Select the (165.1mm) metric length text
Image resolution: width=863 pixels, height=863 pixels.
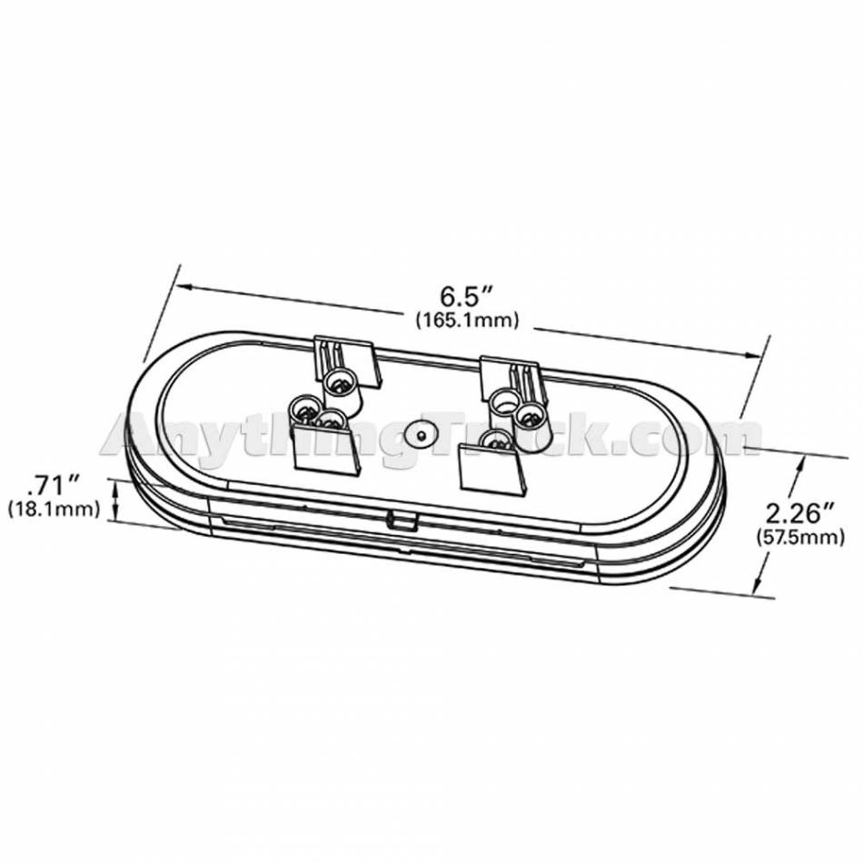(x=467, y=320)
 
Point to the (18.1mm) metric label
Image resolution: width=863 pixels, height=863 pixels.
(x=54, y=509)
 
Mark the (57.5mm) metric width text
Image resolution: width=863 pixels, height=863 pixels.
(x=800, y=537)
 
